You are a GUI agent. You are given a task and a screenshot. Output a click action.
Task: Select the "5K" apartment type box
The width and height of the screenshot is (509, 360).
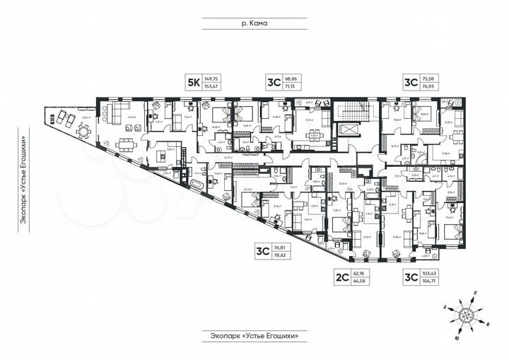coord(192,82)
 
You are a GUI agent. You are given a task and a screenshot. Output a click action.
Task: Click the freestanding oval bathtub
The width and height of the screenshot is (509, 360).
coord(197,185)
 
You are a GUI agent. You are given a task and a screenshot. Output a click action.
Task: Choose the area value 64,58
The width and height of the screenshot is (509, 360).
coord(363,281)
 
